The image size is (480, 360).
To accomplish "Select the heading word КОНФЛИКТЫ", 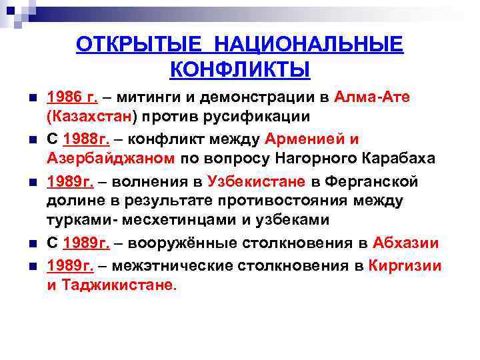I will [240, 69].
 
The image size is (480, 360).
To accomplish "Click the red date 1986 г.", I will [72, 97].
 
